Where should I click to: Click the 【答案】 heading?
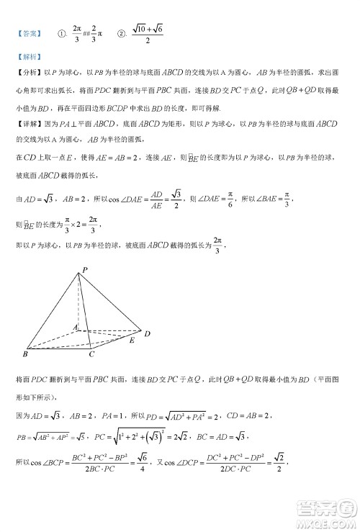tap(28, 32)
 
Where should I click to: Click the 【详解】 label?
tap(29, 124)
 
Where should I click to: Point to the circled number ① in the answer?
tap(63, 33)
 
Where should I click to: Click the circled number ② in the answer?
tap(122, 33)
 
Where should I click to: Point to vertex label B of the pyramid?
tap(25, 355)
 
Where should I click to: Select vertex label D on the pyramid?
tap(147, 333)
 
